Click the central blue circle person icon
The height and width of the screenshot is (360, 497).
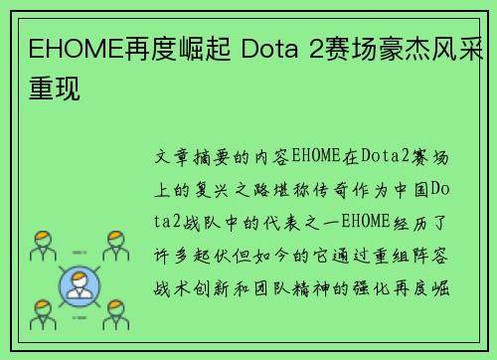81,284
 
